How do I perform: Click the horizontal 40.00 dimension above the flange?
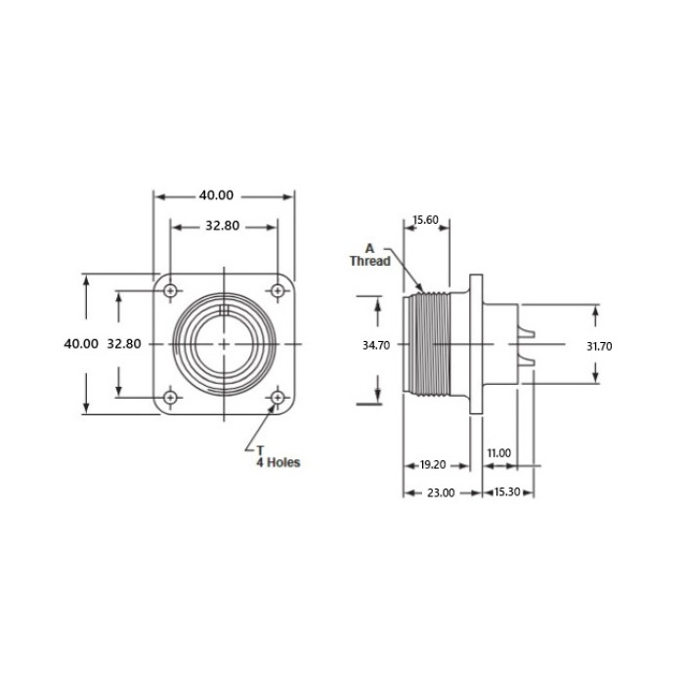[x=216, y=195]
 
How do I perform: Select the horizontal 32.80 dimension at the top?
[x=223, y=226]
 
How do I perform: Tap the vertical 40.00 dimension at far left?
[x=81, y=344]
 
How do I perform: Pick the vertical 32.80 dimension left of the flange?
[x=124, y=344]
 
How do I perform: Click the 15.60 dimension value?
[x=426, y=220]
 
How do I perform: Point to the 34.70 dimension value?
[x=376, y=346]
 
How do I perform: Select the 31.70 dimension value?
[x=599, y=346]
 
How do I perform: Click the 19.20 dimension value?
[x=433, y=465]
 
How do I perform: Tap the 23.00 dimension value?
[x=441, y=492]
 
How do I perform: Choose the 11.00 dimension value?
[x=499, y=453]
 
